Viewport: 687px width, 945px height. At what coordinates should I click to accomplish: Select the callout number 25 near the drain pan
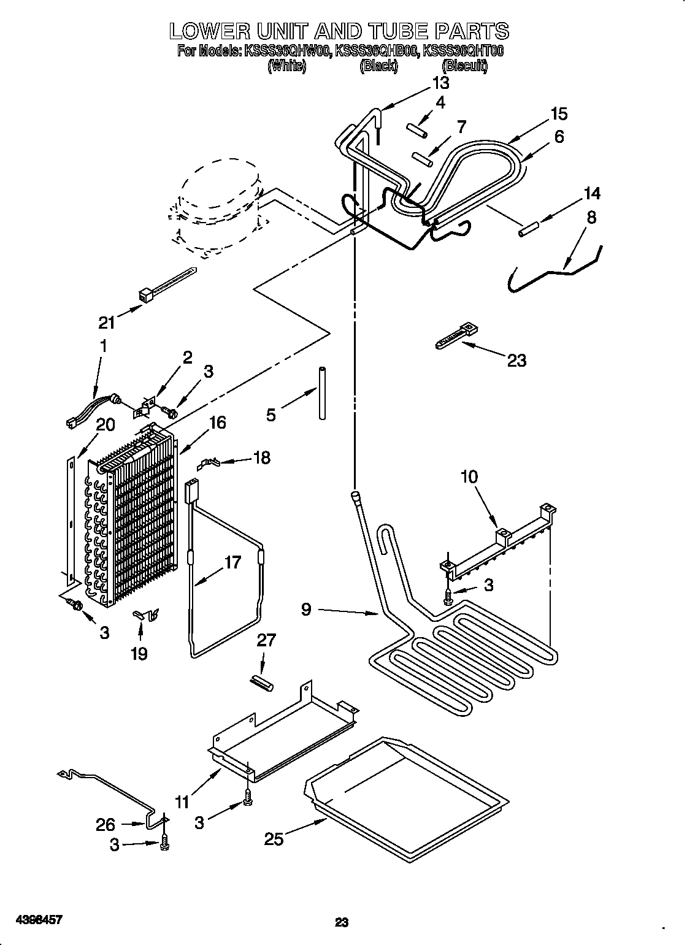pos(274,838)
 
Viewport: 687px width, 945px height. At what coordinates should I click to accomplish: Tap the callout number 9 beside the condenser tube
pos(307,609)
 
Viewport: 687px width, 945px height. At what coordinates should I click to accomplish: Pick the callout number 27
pos(266,640)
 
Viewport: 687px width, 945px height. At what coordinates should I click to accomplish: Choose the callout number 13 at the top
pos(440,83)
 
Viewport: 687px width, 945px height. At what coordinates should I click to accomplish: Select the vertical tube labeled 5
pos(321,392)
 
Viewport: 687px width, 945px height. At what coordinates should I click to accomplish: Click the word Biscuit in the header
pos(464,67)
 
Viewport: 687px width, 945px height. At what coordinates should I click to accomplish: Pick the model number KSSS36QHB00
pos(377,52)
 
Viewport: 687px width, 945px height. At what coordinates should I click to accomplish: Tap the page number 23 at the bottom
pos(342,905)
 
